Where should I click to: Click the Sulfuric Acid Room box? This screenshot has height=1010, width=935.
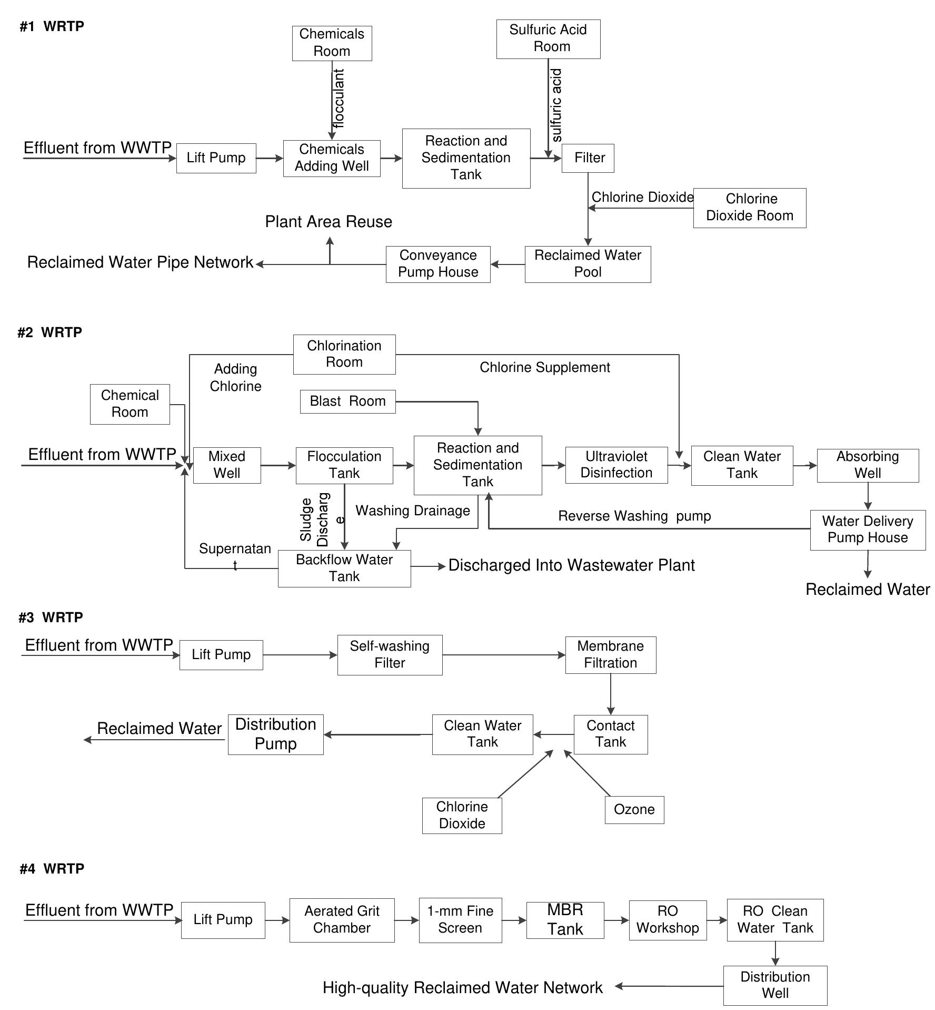[548, 39]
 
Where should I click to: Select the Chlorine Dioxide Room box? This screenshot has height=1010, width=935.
[749, 208]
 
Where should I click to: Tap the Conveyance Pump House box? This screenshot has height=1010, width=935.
[438, 264]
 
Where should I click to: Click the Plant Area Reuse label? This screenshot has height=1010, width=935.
[329, 222]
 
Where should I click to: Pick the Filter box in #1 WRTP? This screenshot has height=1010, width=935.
[588, 158]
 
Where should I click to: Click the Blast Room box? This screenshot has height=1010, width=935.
[347, 401]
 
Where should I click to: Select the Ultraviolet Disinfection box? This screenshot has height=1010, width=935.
[616, 465]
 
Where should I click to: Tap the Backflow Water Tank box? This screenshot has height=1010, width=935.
[344, 568]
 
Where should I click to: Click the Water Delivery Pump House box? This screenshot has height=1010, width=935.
[868, 529]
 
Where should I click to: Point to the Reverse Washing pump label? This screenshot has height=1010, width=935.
[634, 516]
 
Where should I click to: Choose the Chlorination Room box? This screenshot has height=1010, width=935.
[344, 354]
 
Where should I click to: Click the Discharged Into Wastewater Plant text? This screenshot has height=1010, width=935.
[571, 565]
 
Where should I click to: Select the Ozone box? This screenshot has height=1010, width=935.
[634, 809]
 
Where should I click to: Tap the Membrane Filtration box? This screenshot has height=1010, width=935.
[611, 654]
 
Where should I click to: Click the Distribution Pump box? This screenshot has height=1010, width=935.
[275, 734]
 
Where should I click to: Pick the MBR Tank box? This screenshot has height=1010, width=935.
[565, 920]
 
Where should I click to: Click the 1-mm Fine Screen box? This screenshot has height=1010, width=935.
[460, 920]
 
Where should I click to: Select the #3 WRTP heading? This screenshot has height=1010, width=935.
[51, 617]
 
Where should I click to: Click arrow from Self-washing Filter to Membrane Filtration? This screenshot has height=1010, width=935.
[504, 655]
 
